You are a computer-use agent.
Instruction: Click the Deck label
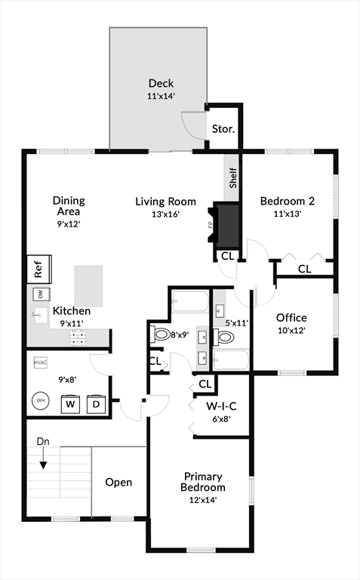(162, 83)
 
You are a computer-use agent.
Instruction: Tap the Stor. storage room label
(223, 129)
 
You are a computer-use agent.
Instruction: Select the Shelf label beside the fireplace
(233, 178)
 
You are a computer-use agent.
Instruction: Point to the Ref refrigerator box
(38, 269)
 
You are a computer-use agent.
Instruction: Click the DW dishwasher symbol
(41, 295)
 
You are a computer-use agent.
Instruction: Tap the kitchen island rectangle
(89, 286)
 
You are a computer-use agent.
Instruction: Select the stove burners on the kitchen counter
(78, 338)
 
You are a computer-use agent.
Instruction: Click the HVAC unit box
(40, 362)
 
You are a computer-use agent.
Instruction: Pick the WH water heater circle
(41, 400)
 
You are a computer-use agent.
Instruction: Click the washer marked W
(70, 403)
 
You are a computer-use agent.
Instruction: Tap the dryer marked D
(96, 404)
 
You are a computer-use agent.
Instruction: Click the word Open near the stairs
(118, 483)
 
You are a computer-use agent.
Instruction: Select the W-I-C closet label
(221, 406)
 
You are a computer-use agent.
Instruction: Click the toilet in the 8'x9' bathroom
(160, 334)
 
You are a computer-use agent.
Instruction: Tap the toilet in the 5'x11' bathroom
(224, 338)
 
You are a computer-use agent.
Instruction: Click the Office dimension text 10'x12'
(291, 330)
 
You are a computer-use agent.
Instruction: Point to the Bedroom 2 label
(288, 201)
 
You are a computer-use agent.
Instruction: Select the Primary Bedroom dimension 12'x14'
(203, 500)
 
